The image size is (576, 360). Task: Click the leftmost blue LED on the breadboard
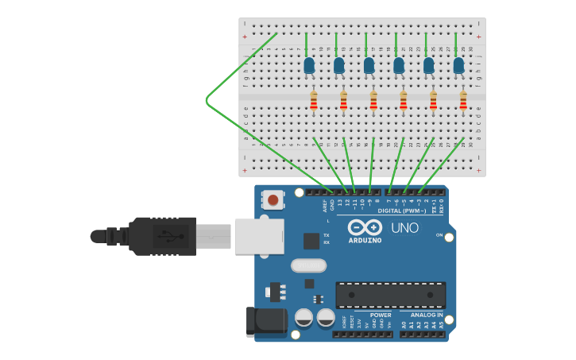click(x=309, y=65)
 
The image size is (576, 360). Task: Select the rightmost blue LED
click(x=458, y=65)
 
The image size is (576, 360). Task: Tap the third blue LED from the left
click(x=369, y=65)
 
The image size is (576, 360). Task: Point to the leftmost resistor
click(x=314, y=101)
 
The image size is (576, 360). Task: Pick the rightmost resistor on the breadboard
click(x=463, y=101)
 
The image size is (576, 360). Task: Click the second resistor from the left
click(x=343, y=101)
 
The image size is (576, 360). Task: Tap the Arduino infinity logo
click(x=365, y=227)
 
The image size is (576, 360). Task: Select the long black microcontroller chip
click(x=390, y=295)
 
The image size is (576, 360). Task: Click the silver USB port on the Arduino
click(x=259, y=236)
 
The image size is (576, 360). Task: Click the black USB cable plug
click(x=162, y=236)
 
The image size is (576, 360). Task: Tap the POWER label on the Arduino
click(x=380, y=315)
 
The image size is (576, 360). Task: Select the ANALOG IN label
click(x=427, y=315)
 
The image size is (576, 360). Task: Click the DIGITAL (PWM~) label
click(x=401, y=211)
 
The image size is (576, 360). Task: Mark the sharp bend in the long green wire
click(x=207, y=99)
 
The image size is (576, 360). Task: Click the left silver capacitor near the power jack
click(x=303, y=318)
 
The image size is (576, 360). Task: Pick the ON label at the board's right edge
click(x=439, y=235)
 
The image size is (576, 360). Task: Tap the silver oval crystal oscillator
click(x=308, y=265)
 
